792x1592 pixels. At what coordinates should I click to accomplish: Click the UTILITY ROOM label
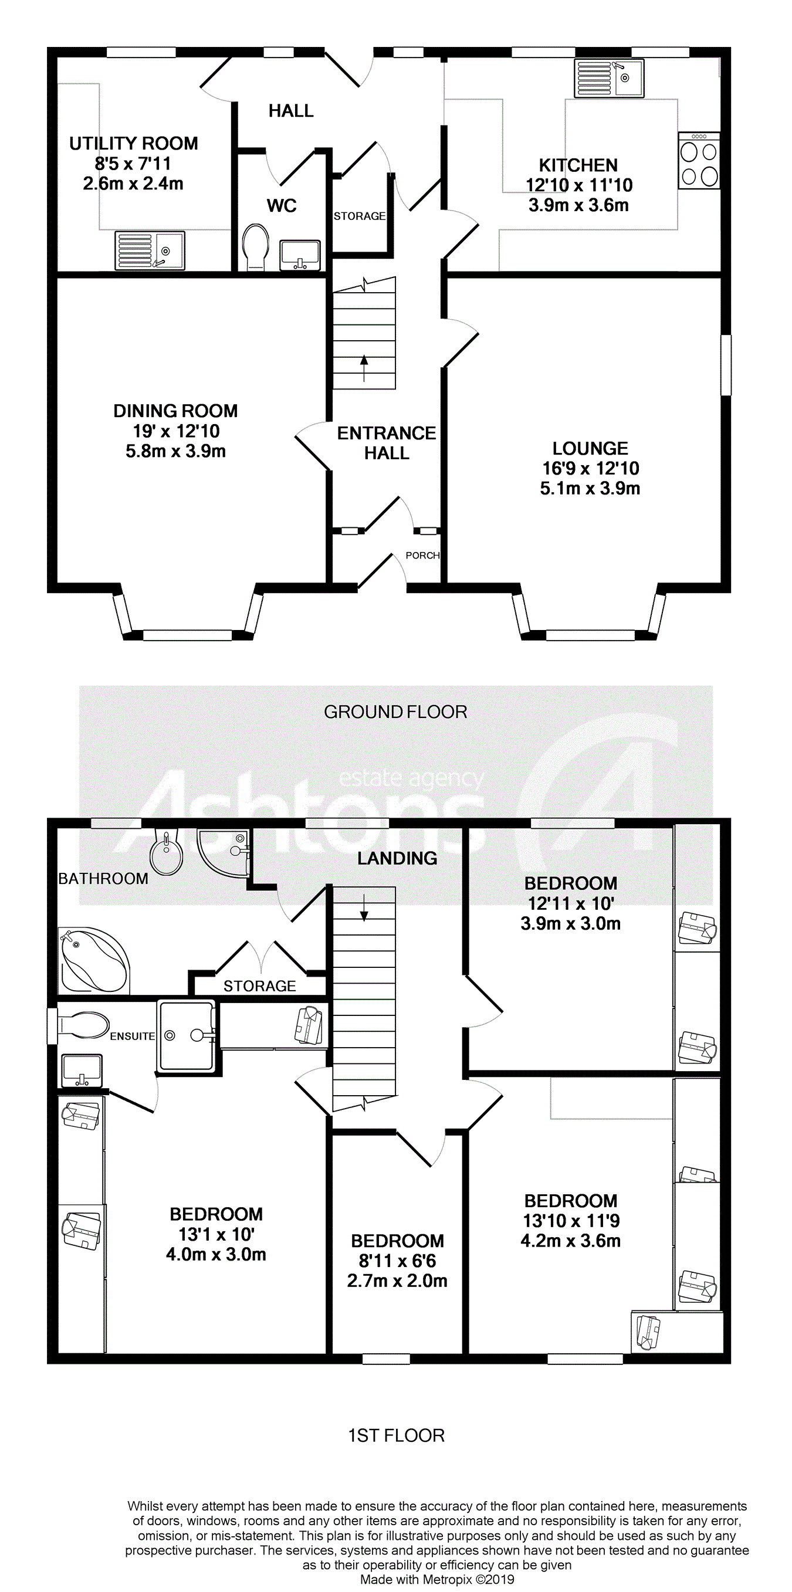click(134, 143)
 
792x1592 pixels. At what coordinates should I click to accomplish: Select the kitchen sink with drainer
click(609, 79)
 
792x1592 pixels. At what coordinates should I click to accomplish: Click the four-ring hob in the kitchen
click(699, 160)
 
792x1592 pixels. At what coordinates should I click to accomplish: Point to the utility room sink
click(150, 250)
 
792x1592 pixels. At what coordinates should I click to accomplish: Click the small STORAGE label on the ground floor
click(359, 216)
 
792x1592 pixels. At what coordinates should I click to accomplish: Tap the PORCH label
click(422, 555)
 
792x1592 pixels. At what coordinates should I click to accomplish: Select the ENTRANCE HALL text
click(387, 443)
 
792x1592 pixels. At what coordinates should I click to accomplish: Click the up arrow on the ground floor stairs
click(364, 368)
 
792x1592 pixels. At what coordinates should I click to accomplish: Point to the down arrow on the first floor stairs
click(364, 907)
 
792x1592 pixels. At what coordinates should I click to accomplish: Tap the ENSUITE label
click(133, 1037)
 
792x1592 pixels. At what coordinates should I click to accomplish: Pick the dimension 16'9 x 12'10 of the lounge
click(590, 469)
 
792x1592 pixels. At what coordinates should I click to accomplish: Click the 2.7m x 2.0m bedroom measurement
click(397, 1281)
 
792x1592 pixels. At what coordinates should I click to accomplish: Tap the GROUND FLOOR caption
click(395, 712)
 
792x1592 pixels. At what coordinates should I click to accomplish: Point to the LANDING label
click(397, 858)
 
